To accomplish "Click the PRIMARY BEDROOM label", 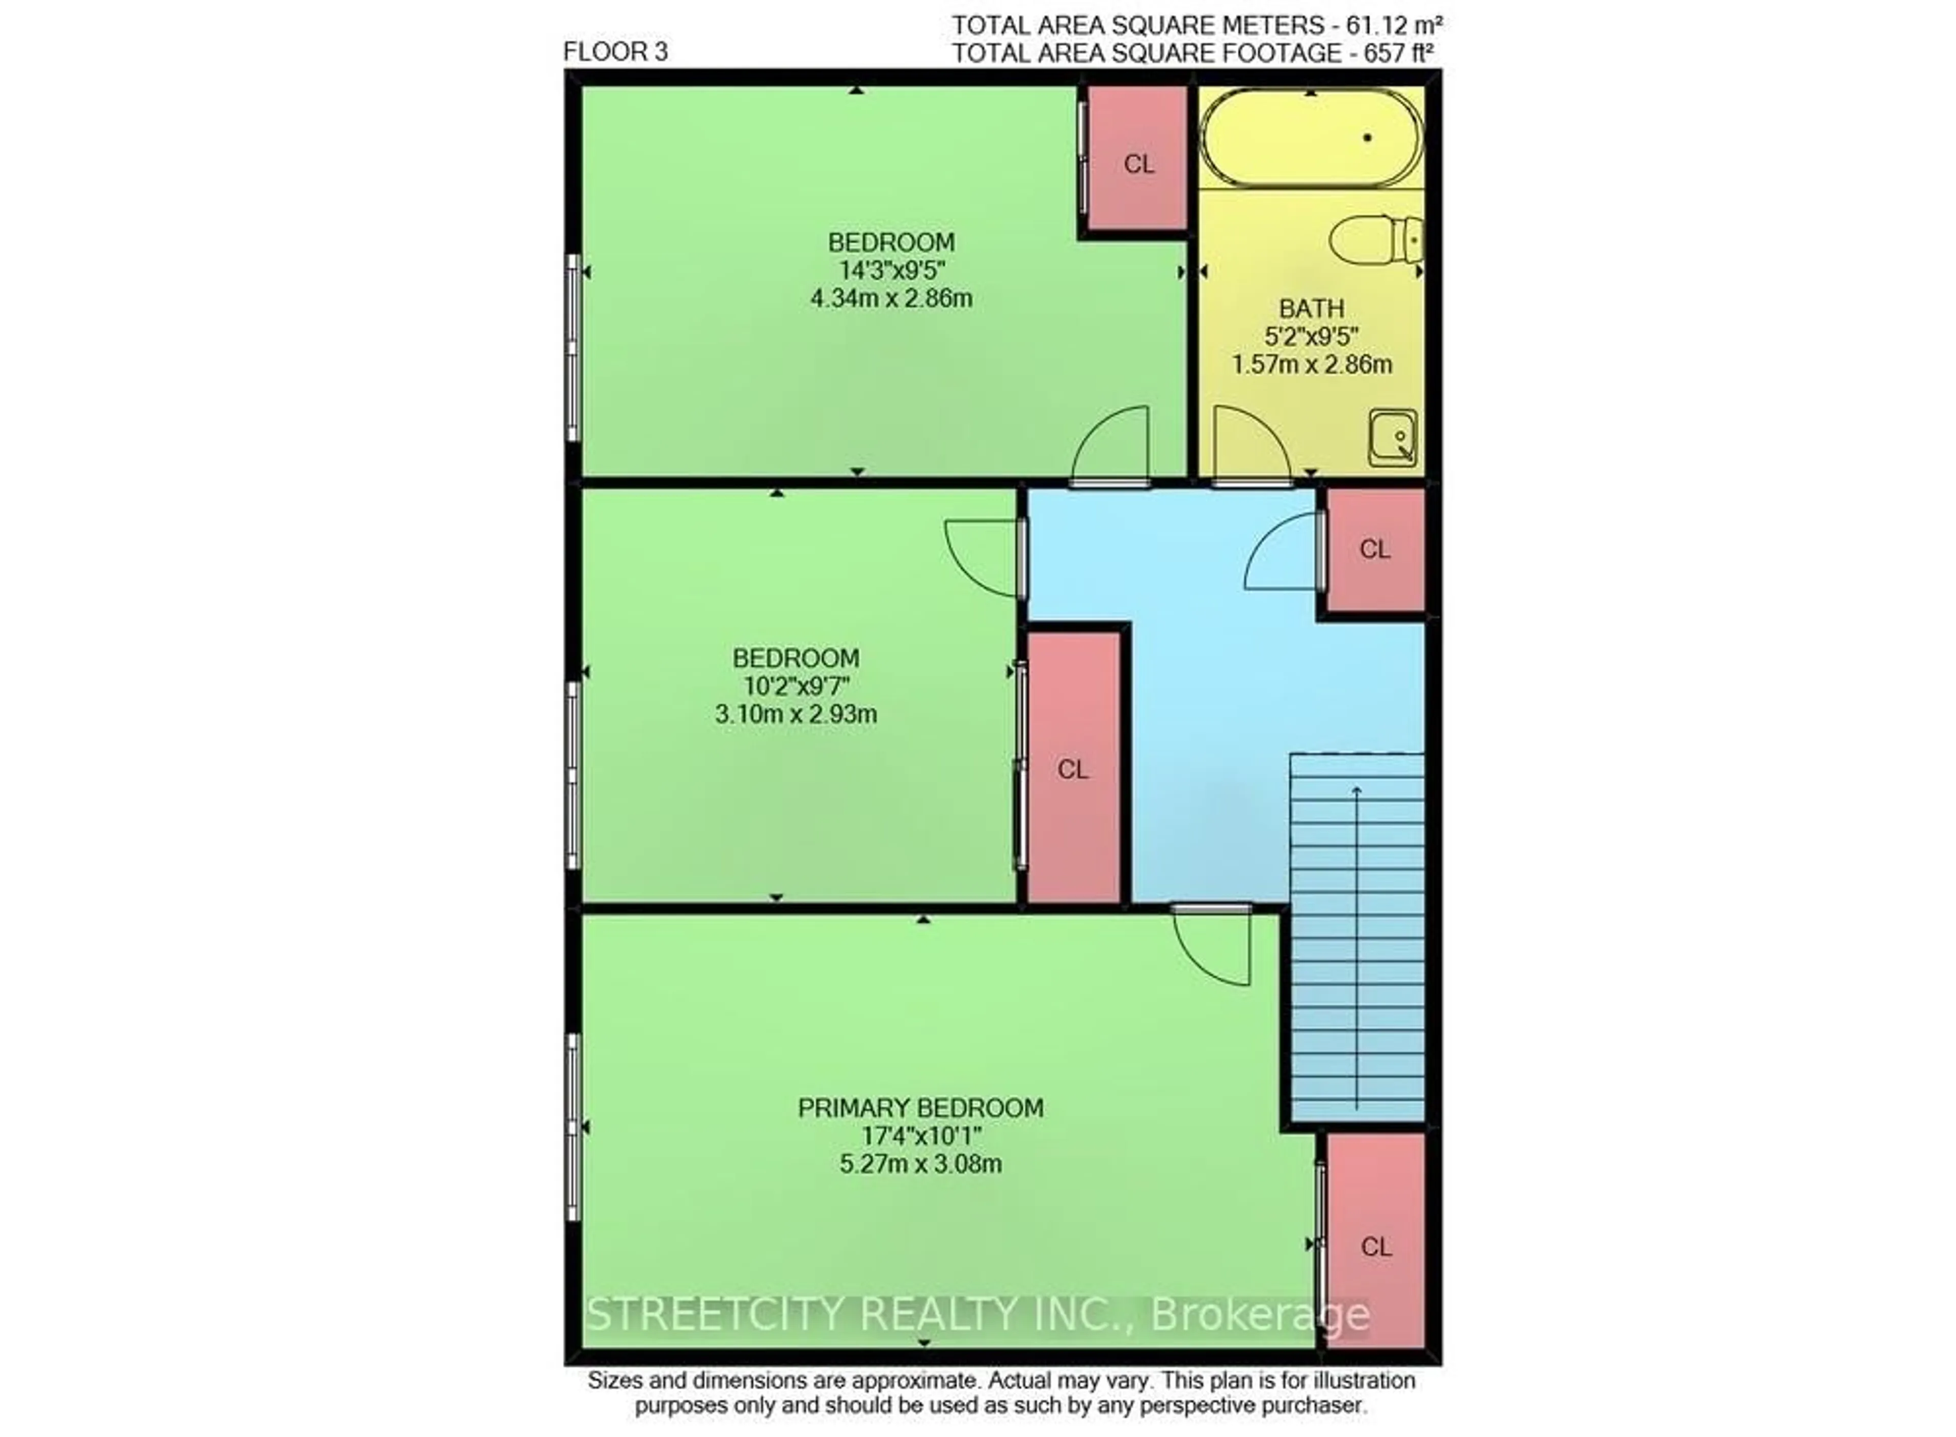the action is click(920, 1108).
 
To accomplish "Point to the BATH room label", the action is click(1311, 308).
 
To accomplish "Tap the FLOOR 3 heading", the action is click(615, 52).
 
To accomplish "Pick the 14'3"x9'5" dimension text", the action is click(891, 270).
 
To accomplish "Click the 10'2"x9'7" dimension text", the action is click(796, 686).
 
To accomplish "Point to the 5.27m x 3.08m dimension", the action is click(920, 1164).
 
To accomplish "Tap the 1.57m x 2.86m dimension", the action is click(1311, 364).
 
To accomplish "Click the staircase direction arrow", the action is click(1356, 947).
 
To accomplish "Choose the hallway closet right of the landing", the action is click(1375, 549).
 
